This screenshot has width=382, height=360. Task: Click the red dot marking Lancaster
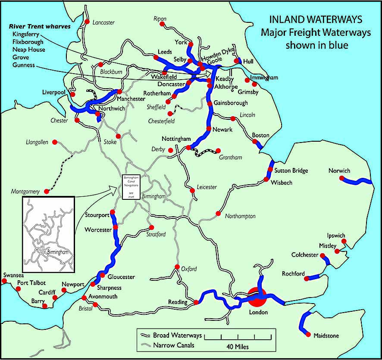coord(87,22)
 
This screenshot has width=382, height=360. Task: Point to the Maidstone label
coord(326,335)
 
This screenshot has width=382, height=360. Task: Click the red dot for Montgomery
coord(46,191)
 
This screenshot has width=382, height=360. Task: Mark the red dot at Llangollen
coord(55,142)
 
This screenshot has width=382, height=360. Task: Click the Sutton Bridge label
coord(291,171)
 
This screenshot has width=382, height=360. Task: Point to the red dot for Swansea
coord(4,281)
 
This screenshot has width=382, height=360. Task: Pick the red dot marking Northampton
coord(218,214)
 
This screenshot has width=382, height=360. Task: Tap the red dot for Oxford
coord(177,267)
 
